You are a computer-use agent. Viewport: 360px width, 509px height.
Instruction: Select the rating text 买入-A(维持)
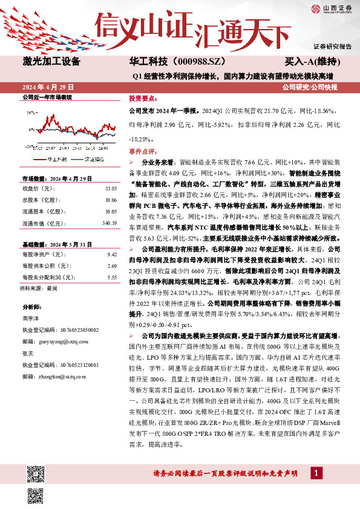[x=312, y=62]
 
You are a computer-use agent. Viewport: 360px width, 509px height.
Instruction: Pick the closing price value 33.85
[x=110, y=187]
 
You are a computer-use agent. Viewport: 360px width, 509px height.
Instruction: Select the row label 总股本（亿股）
[x=42, y=199]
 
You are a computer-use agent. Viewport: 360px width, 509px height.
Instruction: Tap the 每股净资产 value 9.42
[x=111, y=255]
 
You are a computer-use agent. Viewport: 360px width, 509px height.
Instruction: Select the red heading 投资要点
[x=143, y=97]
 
